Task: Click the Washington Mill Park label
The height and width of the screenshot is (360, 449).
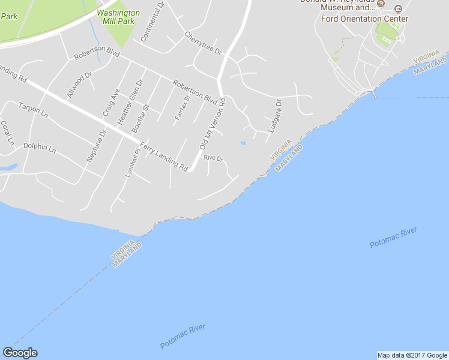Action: coord(118,16)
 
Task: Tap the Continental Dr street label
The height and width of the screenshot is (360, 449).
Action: coord(153,22)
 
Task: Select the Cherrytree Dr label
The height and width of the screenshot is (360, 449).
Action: coord(203,43)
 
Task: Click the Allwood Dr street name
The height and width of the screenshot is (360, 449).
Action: coord(79,85)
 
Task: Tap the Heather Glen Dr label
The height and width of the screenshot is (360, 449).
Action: coord(131,102)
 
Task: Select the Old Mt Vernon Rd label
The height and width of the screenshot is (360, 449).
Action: coord(212,125)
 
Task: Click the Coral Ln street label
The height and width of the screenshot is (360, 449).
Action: coord(7,134)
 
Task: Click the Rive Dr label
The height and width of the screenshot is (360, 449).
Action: coord(213,158)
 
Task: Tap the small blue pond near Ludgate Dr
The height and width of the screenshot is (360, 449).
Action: coord(243,143)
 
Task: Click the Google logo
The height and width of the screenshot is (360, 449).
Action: coord(20,353)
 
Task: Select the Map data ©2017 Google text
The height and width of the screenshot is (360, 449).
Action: coord(412,355)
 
